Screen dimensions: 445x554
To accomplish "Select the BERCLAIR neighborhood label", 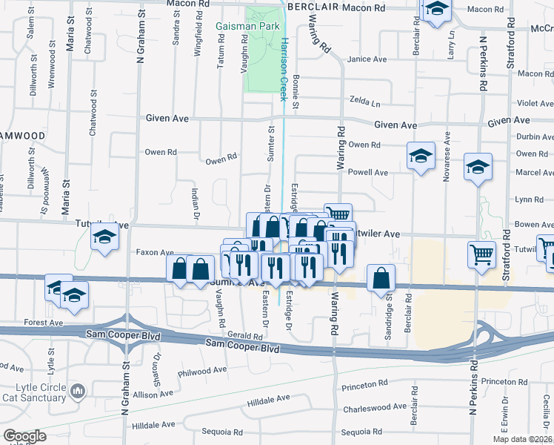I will pos(318,6).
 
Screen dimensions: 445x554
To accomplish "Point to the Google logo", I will pos(24,436).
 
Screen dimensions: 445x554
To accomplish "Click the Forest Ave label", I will pos(43,323).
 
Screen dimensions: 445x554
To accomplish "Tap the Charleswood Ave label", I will pos(374,407).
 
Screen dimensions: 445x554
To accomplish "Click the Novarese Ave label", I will pos(447,150).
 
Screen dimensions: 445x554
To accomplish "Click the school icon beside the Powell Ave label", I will pos(421,156).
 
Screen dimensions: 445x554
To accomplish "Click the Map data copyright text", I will pos(523,438).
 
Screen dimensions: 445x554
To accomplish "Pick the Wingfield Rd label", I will pos(198,40).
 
